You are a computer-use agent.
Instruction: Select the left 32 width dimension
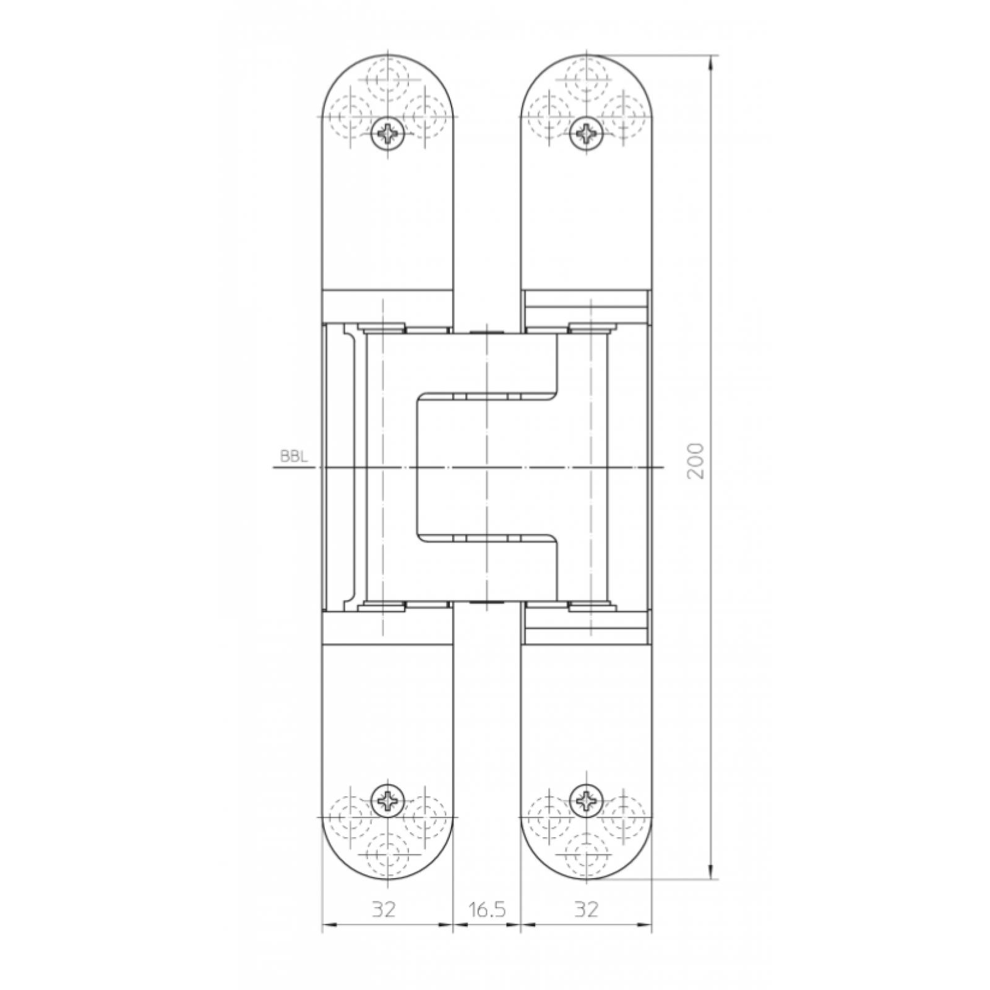click(x=384, y=909)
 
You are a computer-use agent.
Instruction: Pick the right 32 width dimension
click(x=586, y=909)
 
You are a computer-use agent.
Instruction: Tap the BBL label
click(x=294, y=457)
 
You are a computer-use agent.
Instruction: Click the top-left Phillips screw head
click(x=389, y=133)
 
